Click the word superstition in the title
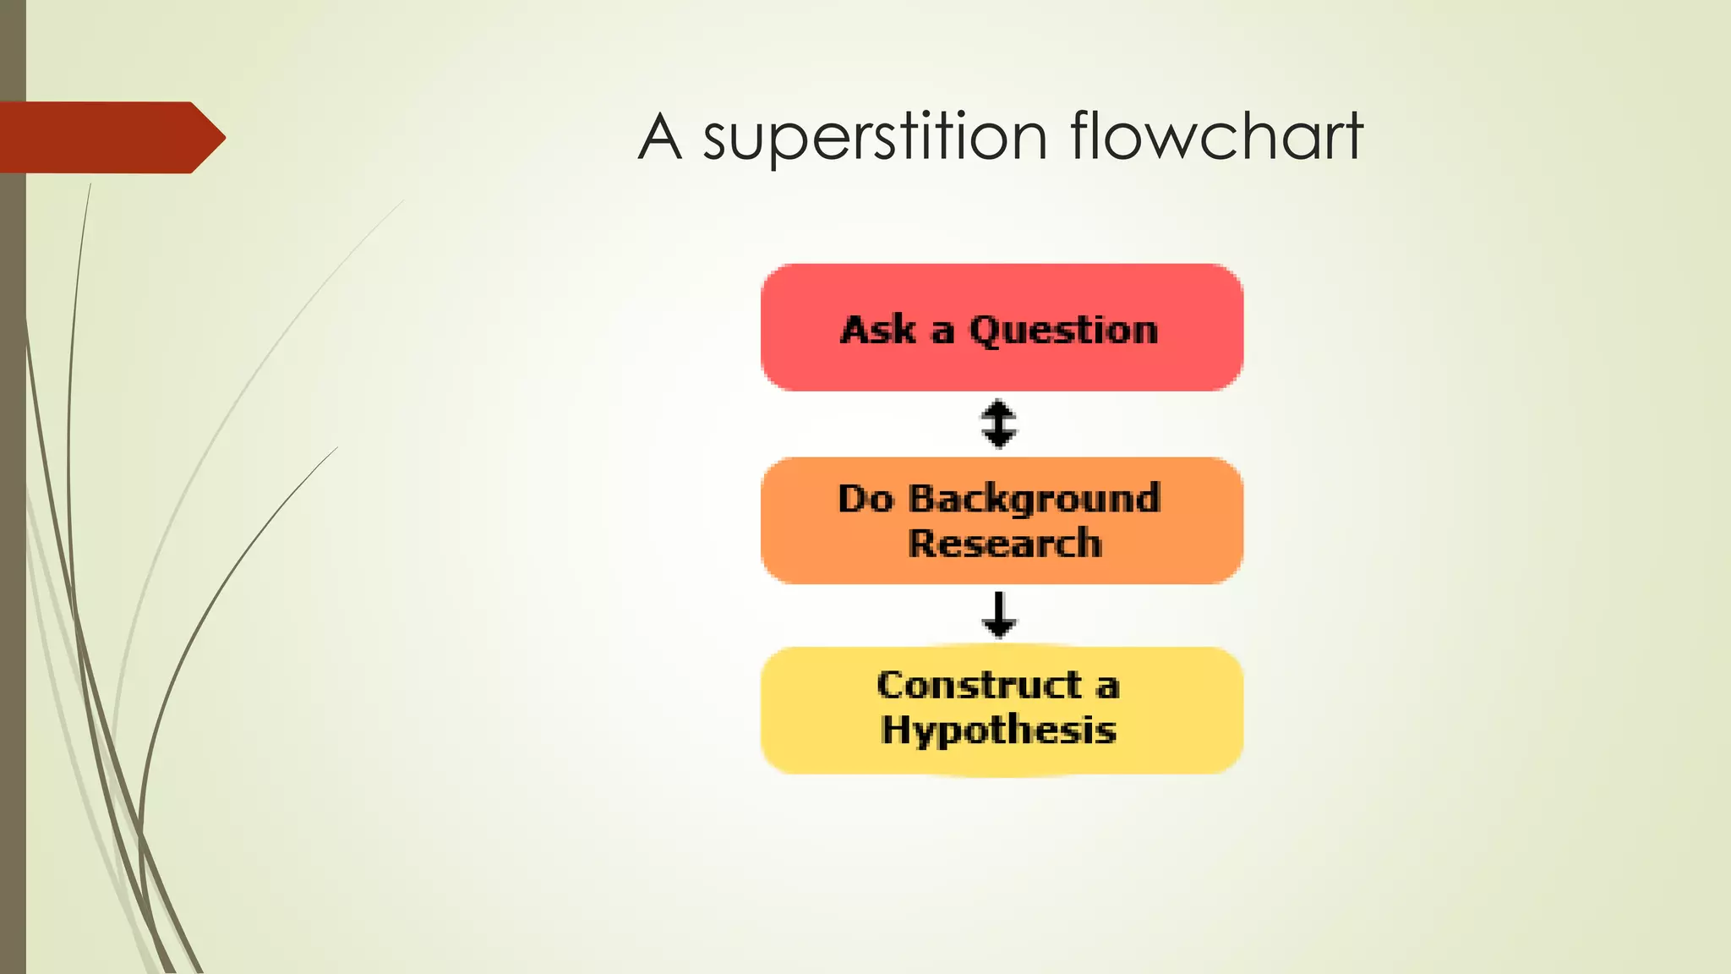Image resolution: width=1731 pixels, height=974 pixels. pos(875,138)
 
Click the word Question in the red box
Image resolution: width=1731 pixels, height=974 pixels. pos(1062,331)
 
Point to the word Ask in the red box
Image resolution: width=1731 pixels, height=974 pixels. pos(878,329)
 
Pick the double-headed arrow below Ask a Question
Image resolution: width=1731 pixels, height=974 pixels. pos(999,423)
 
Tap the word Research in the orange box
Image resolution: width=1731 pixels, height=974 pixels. pos(1005,544)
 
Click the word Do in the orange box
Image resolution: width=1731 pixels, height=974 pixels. pos(865,499)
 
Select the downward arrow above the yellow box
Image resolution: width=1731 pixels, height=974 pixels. pos(999,615)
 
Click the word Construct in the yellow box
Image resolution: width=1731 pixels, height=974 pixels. pos(979,685)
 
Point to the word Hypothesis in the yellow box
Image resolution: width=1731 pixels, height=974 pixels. pos(998,730)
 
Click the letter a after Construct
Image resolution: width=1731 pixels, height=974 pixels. pos(1107,687)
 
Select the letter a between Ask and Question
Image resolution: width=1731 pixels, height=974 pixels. pos(942,331)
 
